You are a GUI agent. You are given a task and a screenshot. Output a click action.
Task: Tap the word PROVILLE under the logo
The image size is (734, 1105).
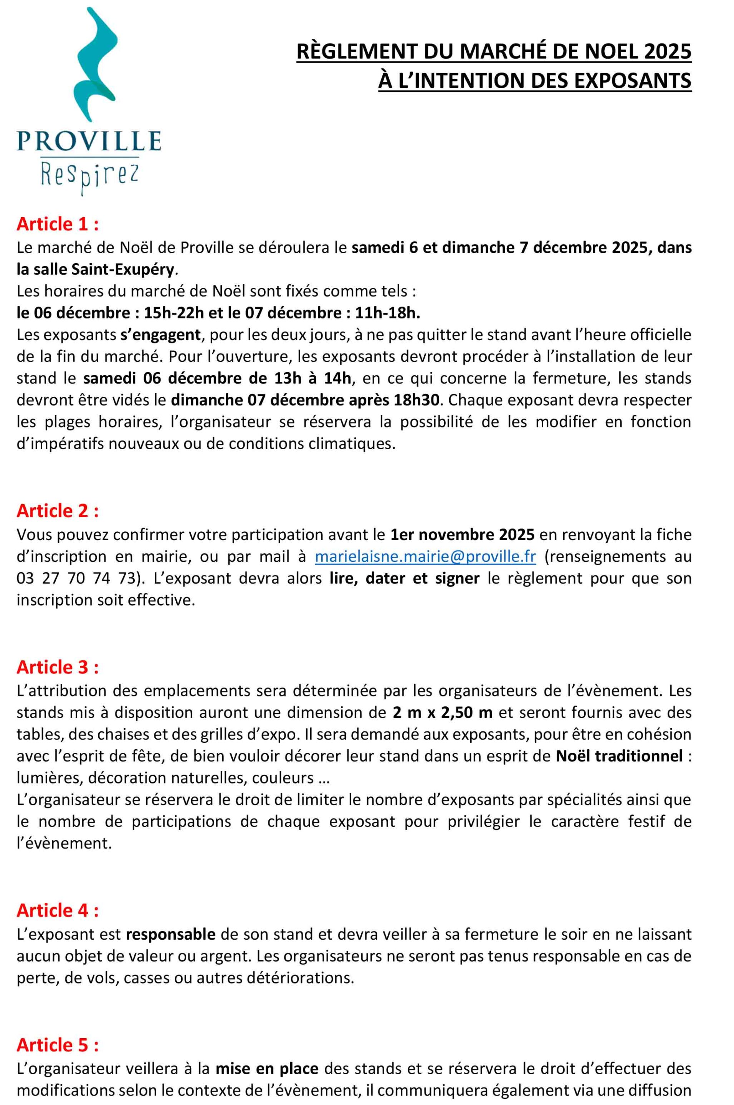[89, 141]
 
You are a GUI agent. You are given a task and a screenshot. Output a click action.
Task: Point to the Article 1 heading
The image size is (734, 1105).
[58, 224]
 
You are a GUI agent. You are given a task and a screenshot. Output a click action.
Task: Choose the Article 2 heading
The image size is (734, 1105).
[58, 510]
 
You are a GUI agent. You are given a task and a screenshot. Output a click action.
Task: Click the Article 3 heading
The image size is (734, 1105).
[58, 667]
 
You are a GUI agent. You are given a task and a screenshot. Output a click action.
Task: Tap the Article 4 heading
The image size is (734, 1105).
[58, 910]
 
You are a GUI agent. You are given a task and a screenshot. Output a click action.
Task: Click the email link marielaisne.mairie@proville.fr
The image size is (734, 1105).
[425, 557]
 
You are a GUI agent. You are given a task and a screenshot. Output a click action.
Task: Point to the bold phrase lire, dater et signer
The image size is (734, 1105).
[405, 578]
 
